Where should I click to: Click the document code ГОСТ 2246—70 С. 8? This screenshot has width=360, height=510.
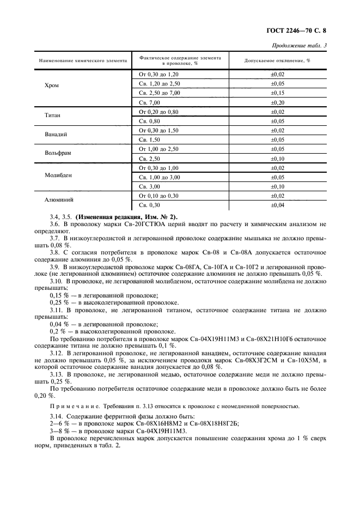304,31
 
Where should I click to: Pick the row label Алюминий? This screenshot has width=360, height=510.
57,200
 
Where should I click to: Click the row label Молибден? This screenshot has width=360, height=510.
57,175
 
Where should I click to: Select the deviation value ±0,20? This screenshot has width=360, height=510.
277,102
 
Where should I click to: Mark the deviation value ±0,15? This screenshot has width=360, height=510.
277,93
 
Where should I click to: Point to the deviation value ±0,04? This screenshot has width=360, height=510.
277,205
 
